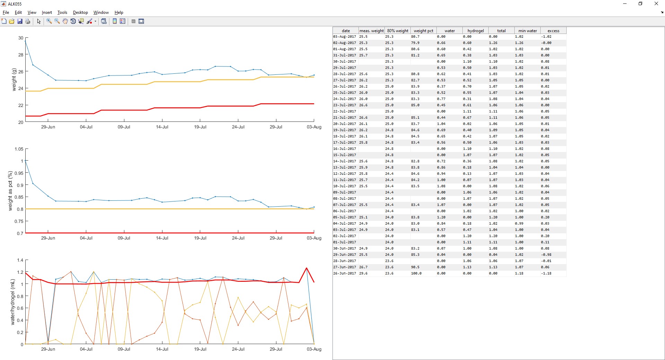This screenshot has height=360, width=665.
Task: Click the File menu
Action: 6,12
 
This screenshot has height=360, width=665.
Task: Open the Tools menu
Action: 62,12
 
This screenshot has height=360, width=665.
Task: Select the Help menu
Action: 119,12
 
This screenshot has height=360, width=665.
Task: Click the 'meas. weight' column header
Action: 371,31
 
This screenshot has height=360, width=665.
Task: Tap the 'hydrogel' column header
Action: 476,31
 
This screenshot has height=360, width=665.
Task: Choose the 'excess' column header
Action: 553,31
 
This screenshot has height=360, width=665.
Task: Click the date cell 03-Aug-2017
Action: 345,37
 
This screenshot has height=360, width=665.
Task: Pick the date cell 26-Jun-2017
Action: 345,273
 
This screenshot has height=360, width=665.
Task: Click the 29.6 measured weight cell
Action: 363,273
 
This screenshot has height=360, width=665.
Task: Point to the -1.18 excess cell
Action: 546,273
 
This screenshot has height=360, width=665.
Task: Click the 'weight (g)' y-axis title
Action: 14,80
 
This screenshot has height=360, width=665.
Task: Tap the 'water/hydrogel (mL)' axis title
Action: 13,302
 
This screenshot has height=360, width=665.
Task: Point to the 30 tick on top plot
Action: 21,38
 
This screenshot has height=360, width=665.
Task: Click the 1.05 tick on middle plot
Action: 19,149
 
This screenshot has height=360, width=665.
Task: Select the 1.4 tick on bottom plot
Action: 20,260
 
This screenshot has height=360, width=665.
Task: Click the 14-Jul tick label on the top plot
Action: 162,127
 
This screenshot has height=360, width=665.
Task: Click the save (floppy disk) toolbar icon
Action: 20,21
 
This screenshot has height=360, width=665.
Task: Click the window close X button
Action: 656,4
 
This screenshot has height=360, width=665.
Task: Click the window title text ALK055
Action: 15,4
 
